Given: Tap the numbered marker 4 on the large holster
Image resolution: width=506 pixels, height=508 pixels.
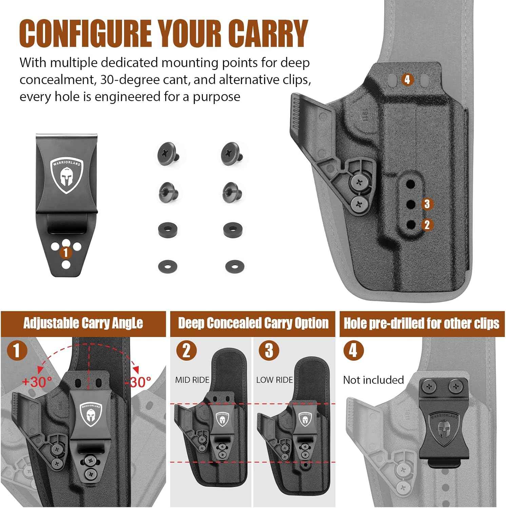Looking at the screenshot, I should [407, 80].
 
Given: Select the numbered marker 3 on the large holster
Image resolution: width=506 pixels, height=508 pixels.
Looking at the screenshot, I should [427, 204].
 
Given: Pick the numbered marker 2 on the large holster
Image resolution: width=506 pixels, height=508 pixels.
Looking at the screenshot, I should [427, 225].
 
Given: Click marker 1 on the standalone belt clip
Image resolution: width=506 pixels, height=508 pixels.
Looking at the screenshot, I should [66, 252].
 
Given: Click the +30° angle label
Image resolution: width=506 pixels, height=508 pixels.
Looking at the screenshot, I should [37, 382].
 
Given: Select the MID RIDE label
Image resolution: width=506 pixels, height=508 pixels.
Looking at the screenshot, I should [192, 380].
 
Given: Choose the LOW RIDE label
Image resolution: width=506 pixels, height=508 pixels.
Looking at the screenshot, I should [274, 380].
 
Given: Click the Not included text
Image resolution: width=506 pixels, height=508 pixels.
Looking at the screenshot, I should [373, 380].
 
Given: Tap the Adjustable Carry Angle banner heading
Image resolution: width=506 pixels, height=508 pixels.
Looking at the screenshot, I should [83, 323].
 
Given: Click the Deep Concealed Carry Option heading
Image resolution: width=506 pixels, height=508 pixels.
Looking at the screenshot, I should [253, 323].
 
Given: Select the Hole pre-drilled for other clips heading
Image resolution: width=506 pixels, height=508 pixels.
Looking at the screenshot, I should [421, 323].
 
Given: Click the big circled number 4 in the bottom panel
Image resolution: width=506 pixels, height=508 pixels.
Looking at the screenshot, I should [353, 351].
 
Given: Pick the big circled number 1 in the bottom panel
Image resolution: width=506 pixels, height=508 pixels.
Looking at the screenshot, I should [16, 351].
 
